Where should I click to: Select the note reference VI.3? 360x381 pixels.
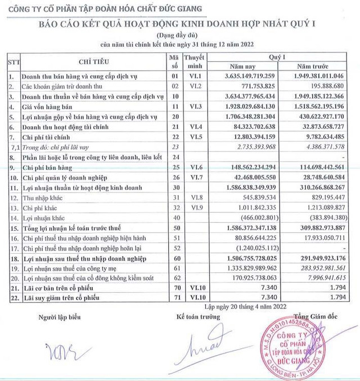coord(193,106)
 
